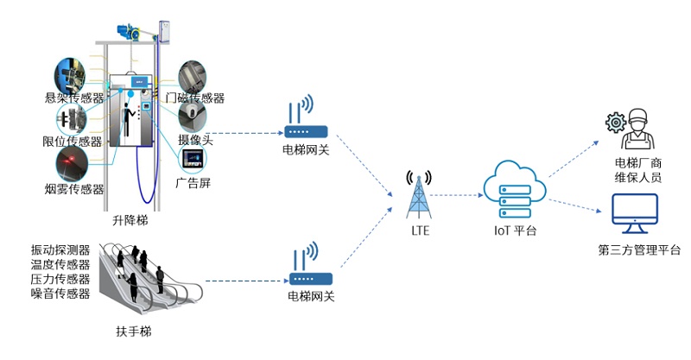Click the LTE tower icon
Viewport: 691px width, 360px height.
[x=420, y=196]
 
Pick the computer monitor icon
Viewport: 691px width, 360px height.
[x=634, y=216]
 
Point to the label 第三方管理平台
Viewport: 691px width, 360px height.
[x=639, y=251]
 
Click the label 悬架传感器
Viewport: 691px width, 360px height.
[x=74, y=98]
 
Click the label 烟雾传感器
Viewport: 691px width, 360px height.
[x=73, y=189]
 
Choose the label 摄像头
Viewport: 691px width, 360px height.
[x=195, y=138]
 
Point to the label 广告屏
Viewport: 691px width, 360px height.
[x=193, y=183]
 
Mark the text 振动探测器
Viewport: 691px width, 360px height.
[x=60, y=250]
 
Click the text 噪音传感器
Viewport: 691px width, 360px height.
[x=60, y=294]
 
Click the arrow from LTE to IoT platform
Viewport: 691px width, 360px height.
[x=458, y=195]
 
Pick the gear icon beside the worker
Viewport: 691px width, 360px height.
[x=616, y=123]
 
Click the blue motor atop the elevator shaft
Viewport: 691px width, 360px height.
[x=130, y=32]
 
